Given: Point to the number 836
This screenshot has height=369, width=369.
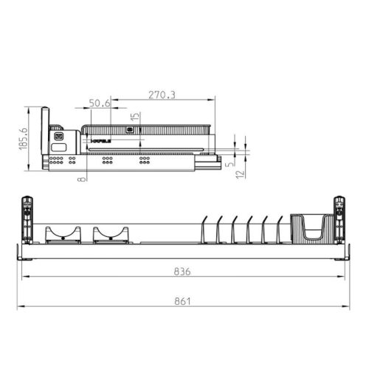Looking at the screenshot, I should coord(182,272).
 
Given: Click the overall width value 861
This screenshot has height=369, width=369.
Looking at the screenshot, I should coord(182,300).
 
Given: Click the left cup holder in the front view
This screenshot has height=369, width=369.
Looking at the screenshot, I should coord(63,234).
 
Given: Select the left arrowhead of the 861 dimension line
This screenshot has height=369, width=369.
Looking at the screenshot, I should coord(21,306).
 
